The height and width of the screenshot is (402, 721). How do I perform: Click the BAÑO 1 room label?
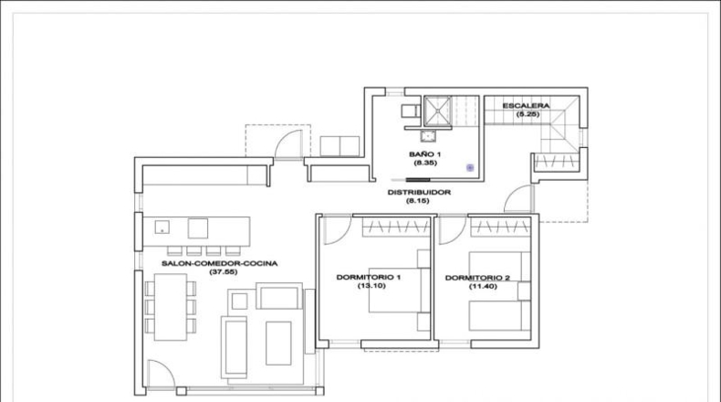[x=424, y=154]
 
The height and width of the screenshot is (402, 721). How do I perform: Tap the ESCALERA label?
[x=526, y=106]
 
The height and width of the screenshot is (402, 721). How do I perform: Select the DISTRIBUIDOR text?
[x=419, y=193]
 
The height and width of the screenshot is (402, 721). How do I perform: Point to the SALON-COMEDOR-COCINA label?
[x=219, y=263]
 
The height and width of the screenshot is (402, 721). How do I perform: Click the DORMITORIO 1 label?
[x=369, y=277]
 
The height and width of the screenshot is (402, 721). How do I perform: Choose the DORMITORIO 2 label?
[x=477, y=278]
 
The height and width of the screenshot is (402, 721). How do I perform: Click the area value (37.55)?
[x=224, y=271]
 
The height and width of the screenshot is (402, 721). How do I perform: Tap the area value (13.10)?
[x=371, y=285]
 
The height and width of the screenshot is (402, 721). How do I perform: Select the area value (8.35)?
[x=425, y=163]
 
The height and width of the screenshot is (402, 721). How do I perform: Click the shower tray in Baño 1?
[x=437, y=110]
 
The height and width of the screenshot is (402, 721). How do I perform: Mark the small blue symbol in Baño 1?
[x=470, y=167]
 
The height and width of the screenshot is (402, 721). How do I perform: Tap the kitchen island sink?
[x=162, y=227]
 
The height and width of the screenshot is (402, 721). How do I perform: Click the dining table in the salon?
[x=170, y=307]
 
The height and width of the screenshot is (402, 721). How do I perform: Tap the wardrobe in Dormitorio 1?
[x=396, y=226]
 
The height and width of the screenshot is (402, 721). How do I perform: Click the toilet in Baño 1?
[x=411, y=111]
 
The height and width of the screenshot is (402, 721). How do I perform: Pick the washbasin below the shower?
[x=428, y=136]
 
